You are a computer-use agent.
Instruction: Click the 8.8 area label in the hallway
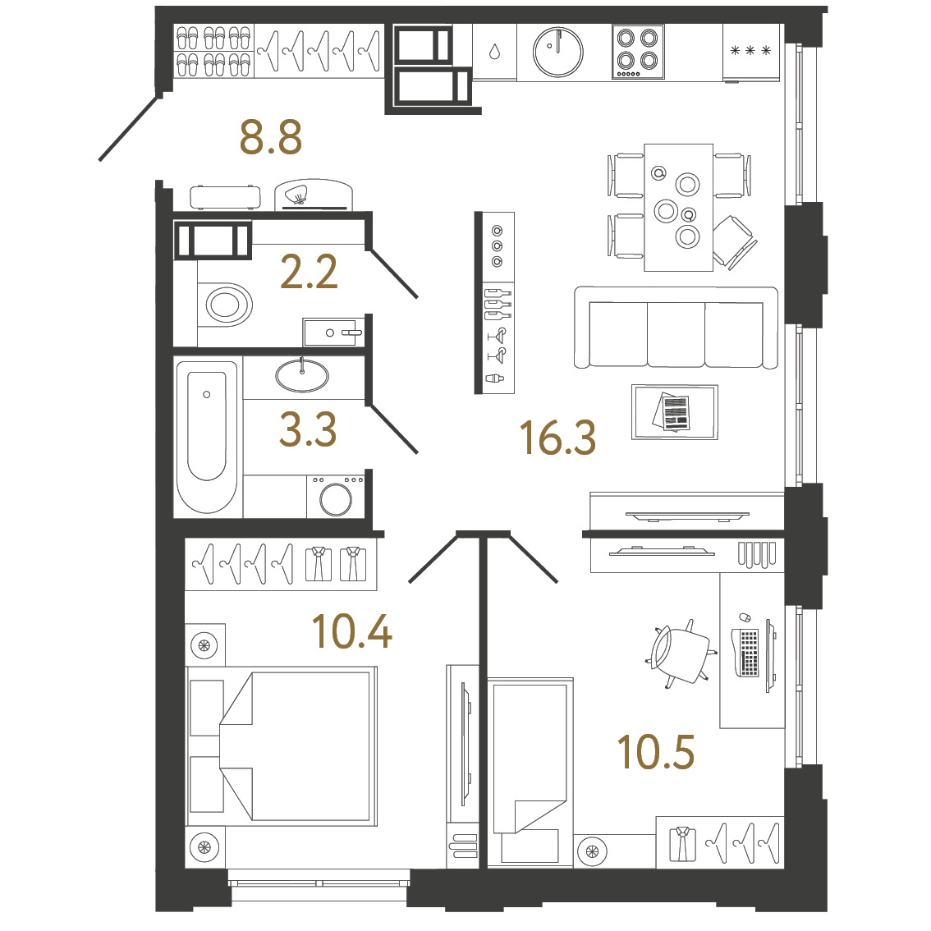271,137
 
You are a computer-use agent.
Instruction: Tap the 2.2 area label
309,272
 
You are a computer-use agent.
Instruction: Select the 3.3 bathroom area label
308,429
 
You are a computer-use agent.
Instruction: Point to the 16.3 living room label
557,438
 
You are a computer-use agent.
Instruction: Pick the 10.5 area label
655,752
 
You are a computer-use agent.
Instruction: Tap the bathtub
207,437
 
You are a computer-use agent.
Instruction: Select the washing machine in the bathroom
336,497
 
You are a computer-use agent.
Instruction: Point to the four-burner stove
638,52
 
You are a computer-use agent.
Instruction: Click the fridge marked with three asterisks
751,53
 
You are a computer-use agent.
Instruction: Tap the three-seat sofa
676,328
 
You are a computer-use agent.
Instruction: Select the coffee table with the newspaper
675,412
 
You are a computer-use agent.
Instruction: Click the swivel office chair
681,654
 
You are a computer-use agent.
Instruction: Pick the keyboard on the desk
749,653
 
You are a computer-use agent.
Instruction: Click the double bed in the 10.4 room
282,745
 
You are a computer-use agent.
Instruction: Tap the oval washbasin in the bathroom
302,376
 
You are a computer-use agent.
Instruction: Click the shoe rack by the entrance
214,51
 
